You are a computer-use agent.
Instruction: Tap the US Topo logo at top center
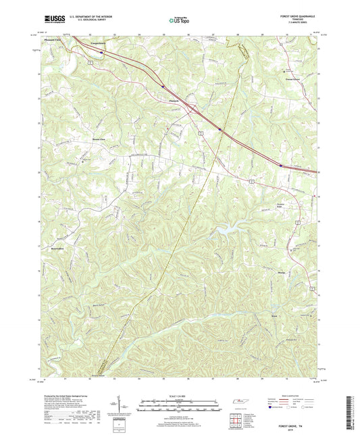(x=177, y=22)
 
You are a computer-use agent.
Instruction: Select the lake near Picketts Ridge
(x=223, y=232)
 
